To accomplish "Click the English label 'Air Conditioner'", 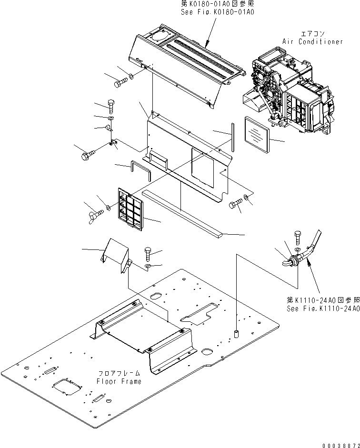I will click(x=312, y=41).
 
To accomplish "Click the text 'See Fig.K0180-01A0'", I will click(x=217, y=12).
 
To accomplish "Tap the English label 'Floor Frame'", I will click(x=119, y=381).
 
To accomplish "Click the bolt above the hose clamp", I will click(x=298, y=236).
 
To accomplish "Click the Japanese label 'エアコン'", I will click(x=312, y=34).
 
